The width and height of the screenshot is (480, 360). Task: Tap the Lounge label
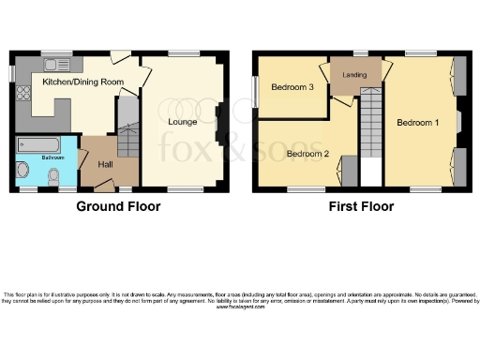[182, 121]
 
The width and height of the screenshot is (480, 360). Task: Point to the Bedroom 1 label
[417, 123]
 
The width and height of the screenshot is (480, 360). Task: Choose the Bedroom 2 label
[308, 153]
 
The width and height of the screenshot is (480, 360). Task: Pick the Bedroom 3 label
[291, 88]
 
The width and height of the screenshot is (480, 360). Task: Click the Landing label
[355, 76]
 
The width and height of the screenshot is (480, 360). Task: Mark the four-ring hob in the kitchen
[22, 95]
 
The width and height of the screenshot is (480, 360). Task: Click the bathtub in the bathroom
[38, 144]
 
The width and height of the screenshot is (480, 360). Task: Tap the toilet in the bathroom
[53, 177]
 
